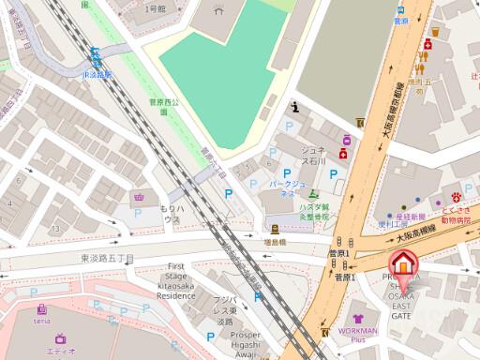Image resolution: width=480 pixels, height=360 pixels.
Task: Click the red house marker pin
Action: click(x=402, y=265)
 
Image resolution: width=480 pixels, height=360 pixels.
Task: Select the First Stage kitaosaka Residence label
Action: click(x=175, y=281)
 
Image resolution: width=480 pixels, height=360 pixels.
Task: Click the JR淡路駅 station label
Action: click(x=97, y=73)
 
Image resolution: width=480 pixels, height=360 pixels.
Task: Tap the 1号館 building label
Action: click(x=154, y=8)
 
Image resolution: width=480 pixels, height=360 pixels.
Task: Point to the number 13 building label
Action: click(x=55, y=228)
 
